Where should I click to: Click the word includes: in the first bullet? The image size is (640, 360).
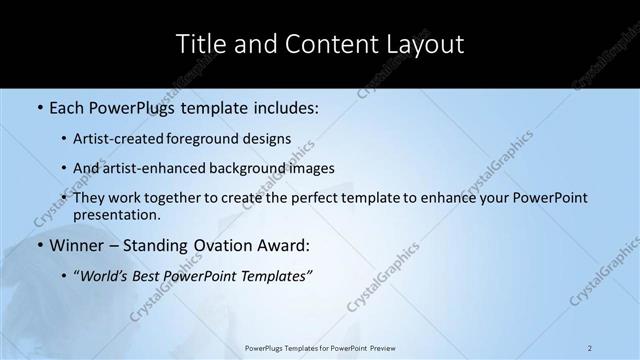tap(281, 105)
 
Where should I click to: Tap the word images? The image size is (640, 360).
tap(312, 168)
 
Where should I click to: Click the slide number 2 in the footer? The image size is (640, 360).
tap(590, 348)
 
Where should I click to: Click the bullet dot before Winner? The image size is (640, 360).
tap(39, 245)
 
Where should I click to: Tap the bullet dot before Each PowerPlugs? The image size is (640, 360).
tap(39, 105)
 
